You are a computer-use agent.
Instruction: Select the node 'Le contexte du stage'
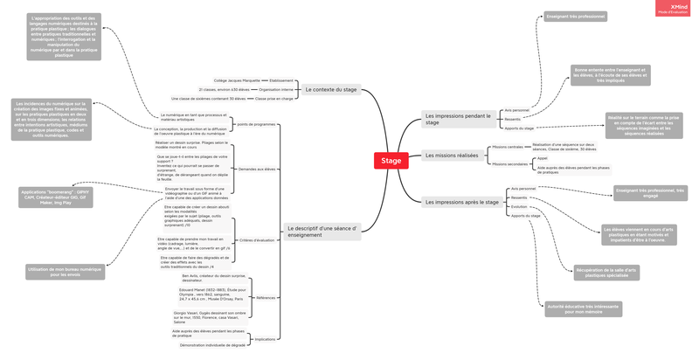coord(330,89)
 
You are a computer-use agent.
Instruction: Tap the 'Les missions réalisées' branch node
coord(451,156)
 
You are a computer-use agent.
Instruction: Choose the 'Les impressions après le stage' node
coord(460,202)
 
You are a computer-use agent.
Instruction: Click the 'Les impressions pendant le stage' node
coord(455,119)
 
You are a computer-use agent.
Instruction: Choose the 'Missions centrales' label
coord(507,147)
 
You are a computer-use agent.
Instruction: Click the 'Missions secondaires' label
coord(509,163)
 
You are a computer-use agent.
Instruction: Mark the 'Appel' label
coord(543,158)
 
